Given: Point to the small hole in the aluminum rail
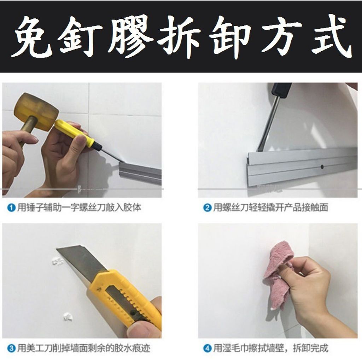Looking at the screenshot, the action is click(322, 166).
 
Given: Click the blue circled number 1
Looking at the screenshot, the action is click(11, 208).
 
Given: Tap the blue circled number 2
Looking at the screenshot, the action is click(207, 208).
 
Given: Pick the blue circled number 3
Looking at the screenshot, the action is click(11, 348).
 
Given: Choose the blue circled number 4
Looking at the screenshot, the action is click(207, 348).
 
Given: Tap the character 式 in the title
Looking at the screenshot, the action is click(331, 36).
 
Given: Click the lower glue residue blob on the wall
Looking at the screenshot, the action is click(68, 316).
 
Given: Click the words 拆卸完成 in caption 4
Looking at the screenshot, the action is click(310, 348).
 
